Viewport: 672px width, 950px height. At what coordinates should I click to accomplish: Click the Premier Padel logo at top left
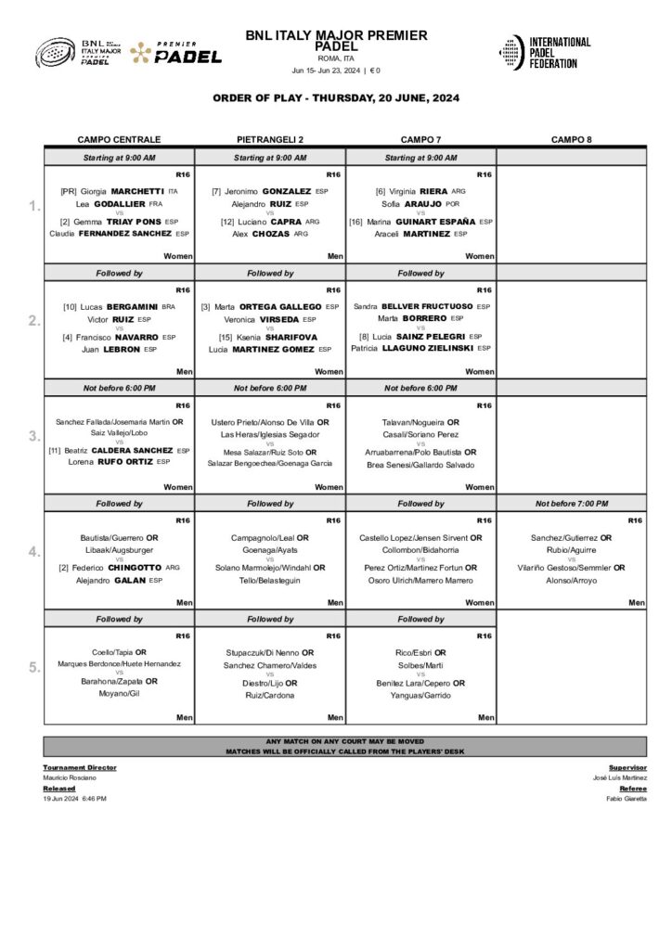point(176,53)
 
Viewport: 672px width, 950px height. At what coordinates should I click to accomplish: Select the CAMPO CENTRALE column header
point(119,139)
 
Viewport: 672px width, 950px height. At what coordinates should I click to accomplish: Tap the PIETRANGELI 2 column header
point(270,139)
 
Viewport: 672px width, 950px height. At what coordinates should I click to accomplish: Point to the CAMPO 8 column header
point(571,139)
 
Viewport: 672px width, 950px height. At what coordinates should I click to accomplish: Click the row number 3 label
point(34,436)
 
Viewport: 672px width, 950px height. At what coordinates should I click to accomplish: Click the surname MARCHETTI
point(137,191)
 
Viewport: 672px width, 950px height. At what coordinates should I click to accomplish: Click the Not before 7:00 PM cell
point(571,504)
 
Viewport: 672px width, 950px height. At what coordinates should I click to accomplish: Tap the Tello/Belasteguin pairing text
point(270,581)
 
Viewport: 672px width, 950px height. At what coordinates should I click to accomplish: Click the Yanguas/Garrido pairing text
point(420,695)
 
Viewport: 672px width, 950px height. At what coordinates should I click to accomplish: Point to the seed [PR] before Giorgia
point(68,191)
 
